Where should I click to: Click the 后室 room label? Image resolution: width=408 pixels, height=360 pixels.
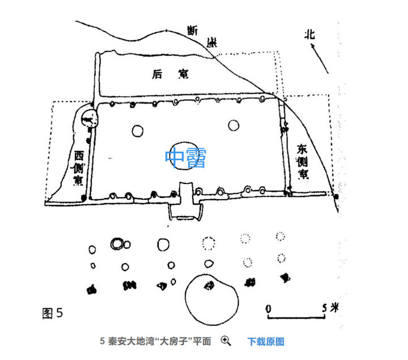tap(171, 74)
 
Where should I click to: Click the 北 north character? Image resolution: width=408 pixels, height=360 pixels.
tap(309, 34)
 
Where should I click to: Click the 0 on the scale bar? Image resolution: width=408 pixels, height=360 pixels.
tap(268, 307)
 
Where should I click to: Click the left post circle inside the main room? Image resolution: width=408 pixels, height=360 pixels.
tap(137, 131)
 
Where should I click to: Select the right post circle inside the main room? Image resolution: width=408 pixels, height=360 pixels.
tap(232, 125)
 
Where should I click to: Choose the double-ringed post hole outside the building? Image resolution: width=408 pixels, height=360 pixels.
tap(117, 244)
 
